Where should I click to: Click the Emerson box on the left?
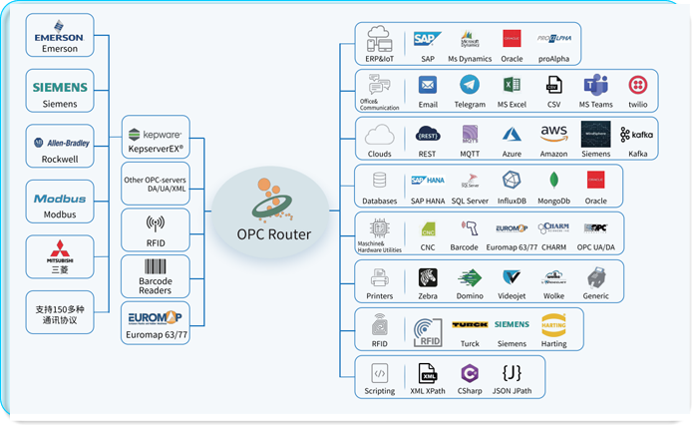pos(59,35)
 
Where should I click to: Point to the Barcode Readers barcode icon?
pos(155,268)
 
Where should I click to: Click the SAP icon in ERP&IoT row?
pos(428,39)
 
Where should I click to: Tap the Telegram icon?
pos(470,86)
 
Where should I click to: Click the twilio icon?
pos(638,86)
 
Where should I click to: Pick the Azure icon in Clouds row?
pos(513,135)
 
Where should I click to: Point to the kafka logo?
pos(637,135)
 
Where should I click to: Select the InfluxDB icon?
pos(513,181)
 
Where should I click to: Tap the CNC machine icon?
pos(428,227)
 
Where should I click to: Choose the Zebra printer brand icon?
pos(428,277)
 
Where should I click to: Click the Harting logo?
pos(554,325)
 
